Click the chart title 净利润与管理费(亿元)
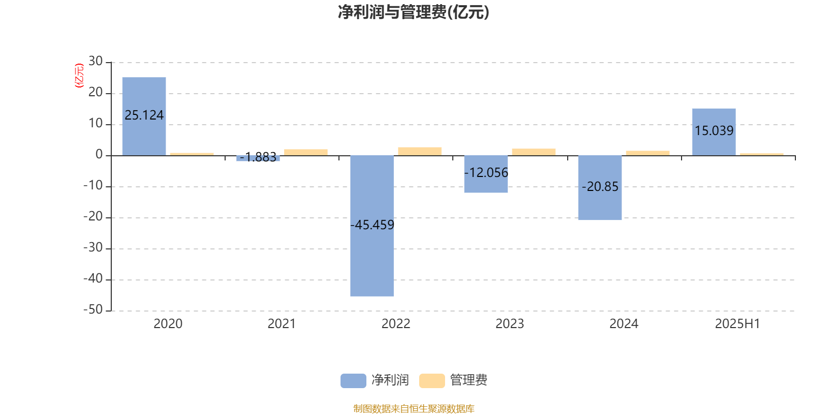click(x=413, y=12)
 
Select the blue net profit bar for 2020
click(x=144, y=116)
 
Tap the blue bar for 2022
click(x=372, y=226)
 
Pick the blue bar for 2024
click(x=600, y=188)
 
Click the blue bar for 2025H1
click(x=714, y=132)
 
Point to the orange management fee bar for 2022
click(x=420, y=152)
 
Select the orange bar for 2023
click(x=534, y=152)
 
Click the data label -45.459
click(x=372, y=225)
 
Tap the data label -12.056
click(x=486, y=173)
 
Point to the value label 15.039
click(x=714, y=130)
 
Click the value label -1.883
click(x=258, y=157)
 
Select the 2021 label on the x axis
click(x=282, y=324)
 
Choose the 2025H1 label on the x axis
click(x=737, y=324)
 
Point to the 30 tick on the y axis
click(x=95, y=61)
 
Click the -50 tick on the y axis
click(x=93, y=309)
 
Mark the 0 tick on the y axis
click(x=99, y=154)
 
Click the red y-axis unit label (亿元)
click(x=80, y=76)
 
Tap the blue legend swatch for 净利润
click(x=353, y=381)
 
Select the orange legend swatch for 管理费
click(x=432, y=381)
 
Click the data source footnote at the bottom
click(x=413, y=408)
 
